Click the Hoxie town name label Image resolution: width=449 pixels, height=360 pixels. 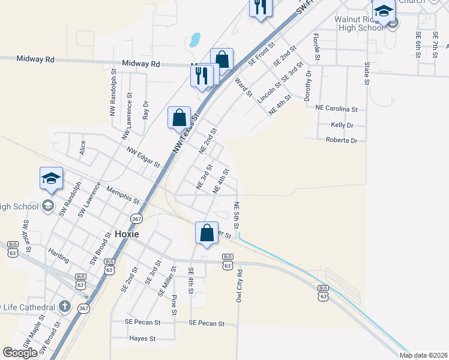pos(125,234)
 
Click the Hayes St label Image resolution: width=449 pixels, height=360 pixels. pos(142,338)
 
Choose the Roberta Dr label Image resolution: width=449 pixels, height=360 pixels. pos(341,140)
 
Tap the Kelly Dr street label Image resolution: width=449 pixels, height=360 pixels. pos(342,125)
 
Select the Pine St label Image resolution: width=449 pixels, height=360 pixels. pos(174,305)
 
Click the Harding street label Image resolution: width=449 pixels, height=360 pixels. pos(59,253)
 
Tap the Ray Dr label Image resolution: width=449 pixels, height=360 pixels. pos(145,110)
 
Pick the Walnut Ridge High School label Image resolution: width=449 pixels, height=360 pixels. pos(359,23)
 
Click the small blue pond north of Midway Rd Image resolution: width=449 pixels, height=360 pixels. pos(194,40)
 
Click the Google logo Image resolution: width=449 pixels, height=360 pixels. pos(20,353)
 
